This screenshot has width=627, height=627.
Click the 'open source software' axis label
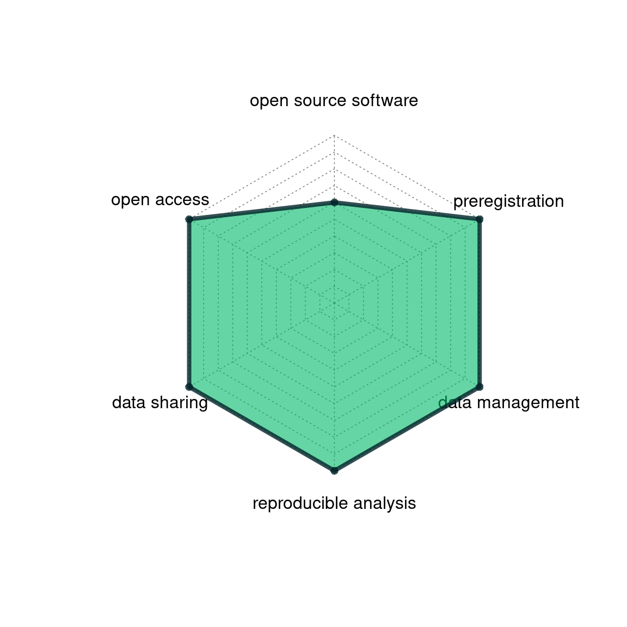334,100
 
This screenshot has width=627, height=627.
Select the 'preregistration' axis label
508,201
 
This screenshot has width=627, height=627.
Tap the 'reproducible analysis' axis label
334,503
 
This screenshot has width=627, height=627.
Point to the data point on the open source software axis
334,202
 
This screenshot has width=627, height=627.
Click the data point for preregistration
480,219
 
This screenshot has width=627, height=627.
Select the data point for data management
480,386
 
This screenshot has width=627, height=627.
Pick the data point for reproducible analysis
334,471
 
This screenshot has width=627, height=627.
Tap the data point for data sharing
189,386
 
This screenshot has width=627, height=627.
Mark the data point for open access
189,219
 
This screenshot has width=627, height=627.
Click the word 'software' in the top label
385,100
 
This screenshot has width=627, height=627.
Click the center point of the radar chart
334,303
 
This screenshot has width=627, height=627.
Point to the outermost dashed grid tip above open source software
334,136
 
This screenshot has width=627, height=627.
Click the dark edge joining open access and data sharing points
189,303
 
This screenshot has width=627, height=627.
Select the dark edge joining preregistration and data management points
480,303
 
